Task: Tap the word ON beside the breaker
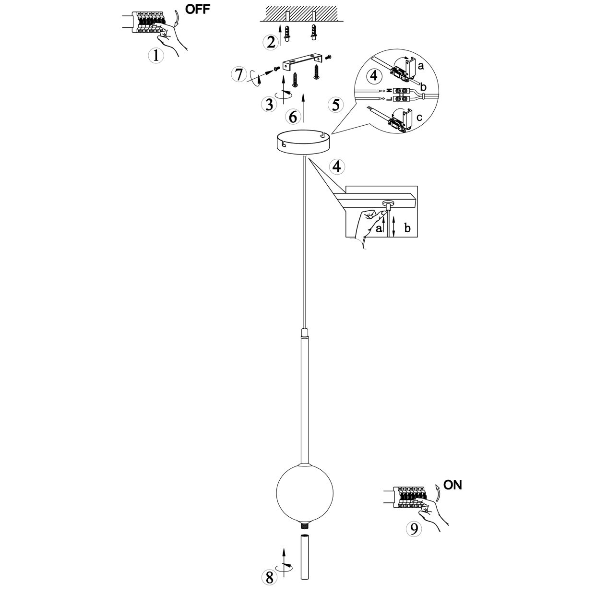click(452, 485)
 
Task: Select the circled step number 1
click(155, 56)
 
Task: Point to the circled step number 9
click(413, 529)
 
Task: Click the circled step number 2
click(271, 42)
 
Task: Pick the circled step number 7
click(238, 75)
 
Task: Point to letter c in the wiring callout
click(419, 117)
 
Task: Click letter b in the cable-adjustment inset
click(407, 228)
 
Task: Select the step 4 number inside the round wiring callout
click(374, 76)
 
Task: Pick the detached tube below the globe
click(304, 558)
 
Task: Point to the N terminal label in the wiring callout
click(389, 90)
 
